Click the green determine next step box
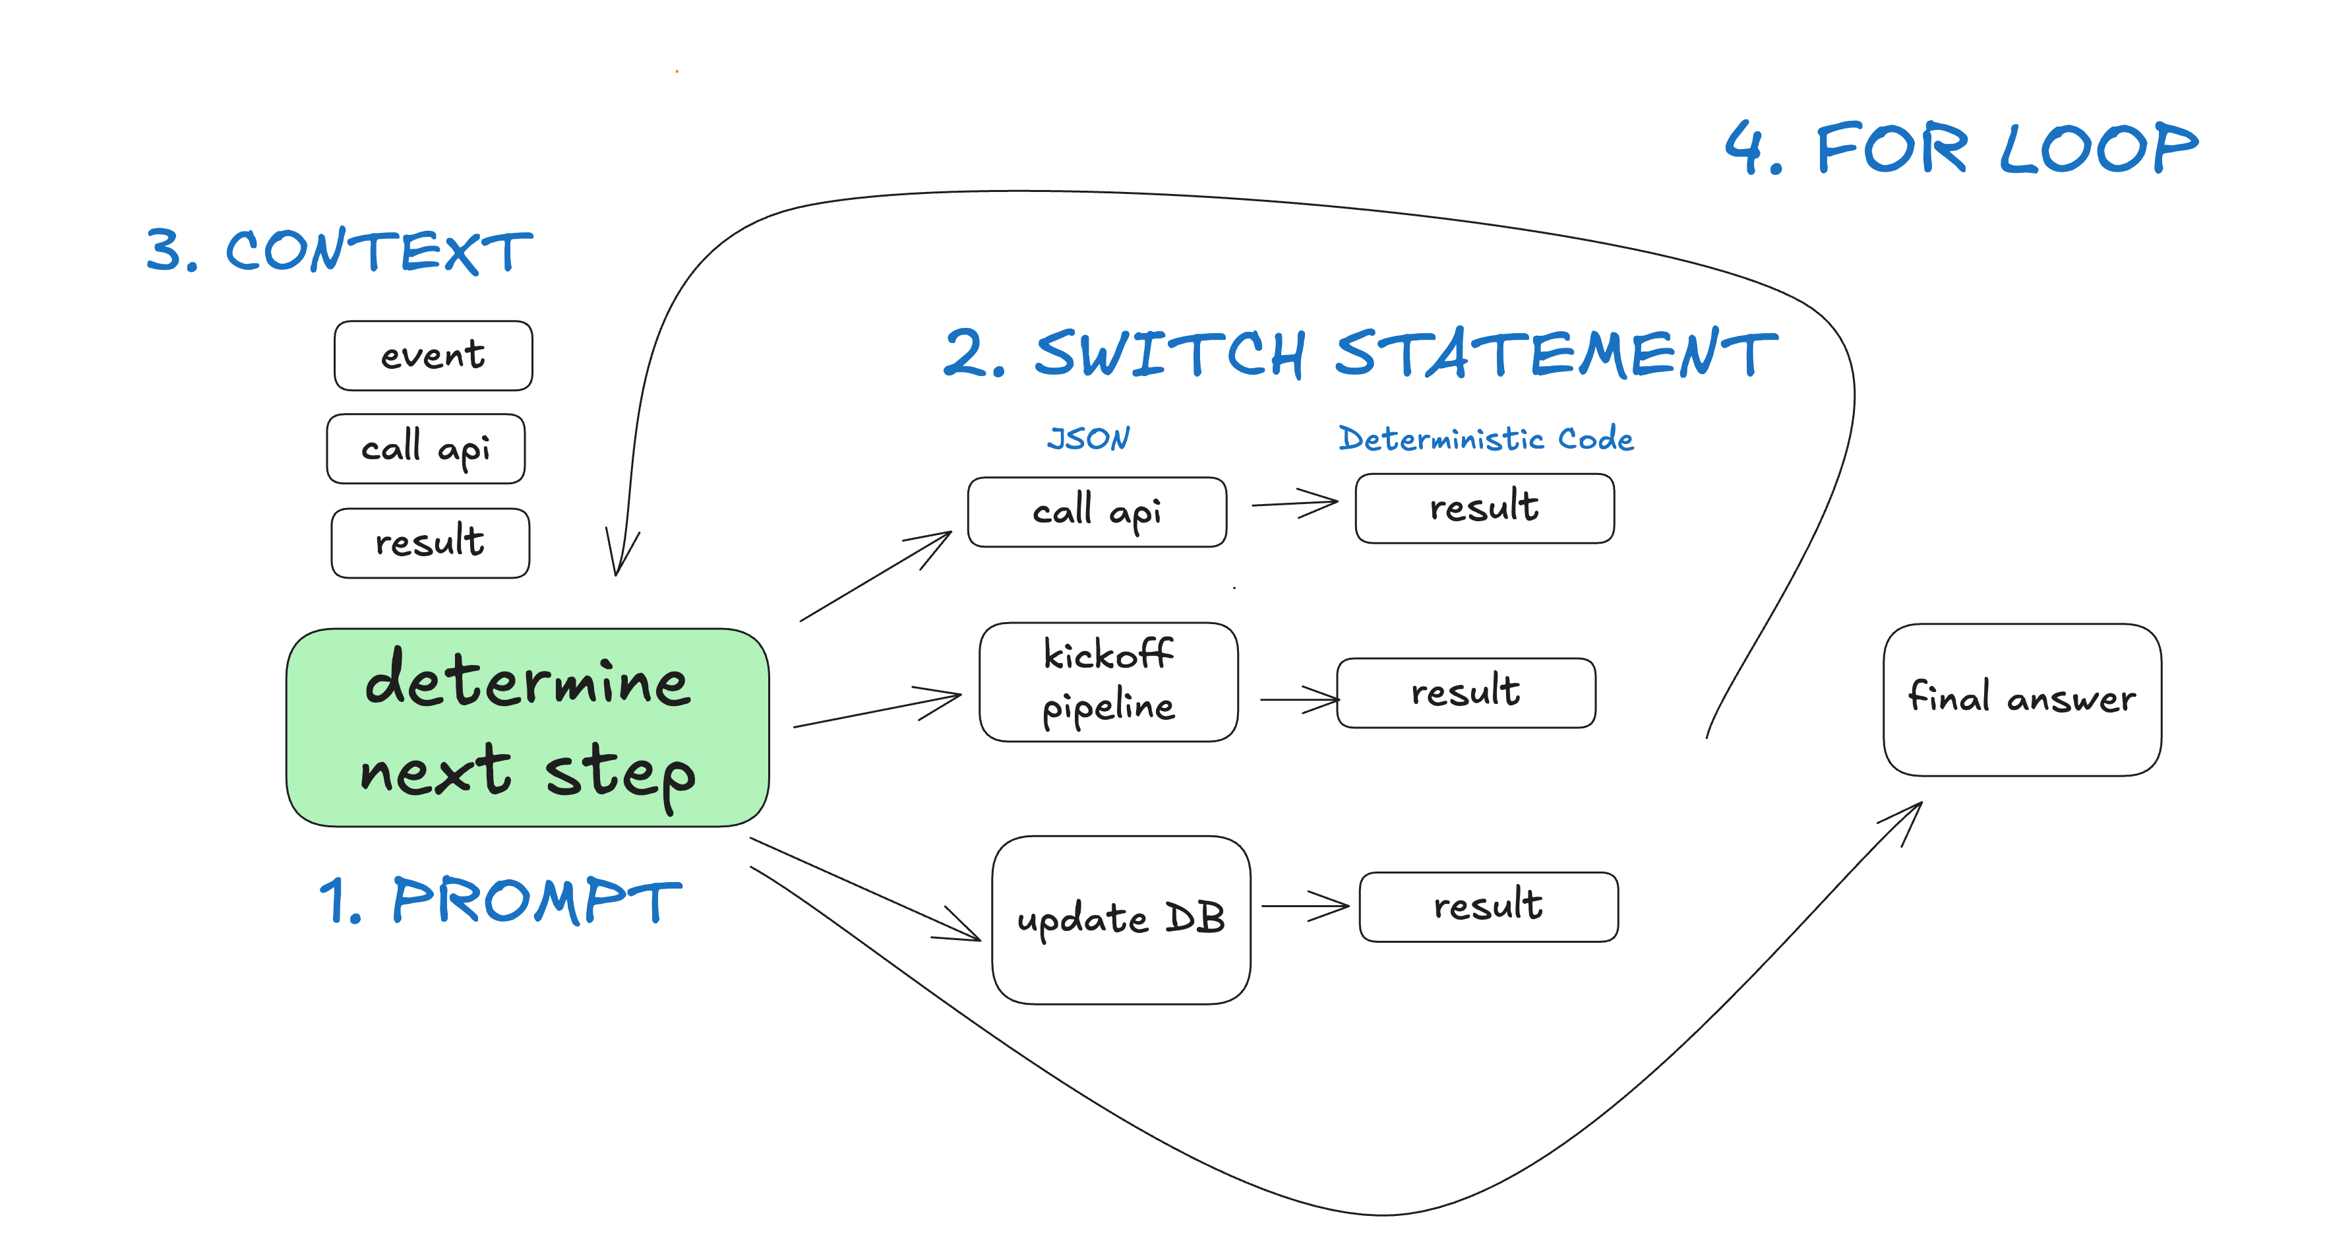(527, 727)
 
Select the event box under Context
(433, 356)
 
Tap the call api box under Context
(426, 449)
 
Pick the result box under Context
(431, 542)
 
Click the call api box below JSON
(1097, 512)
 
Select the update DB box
(1121, 919)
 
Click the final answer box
(2022, 699)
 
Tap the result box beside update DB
(1488, 906)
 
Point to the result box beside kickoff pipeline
(1466, 693)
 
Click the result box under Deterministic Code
(1484, 508)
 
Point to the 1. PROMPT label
(500, 901)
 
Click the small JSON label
(1089, 439)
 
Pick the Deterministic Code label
(1486, 439)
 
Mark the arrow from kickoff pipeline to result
(1299, 699)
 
